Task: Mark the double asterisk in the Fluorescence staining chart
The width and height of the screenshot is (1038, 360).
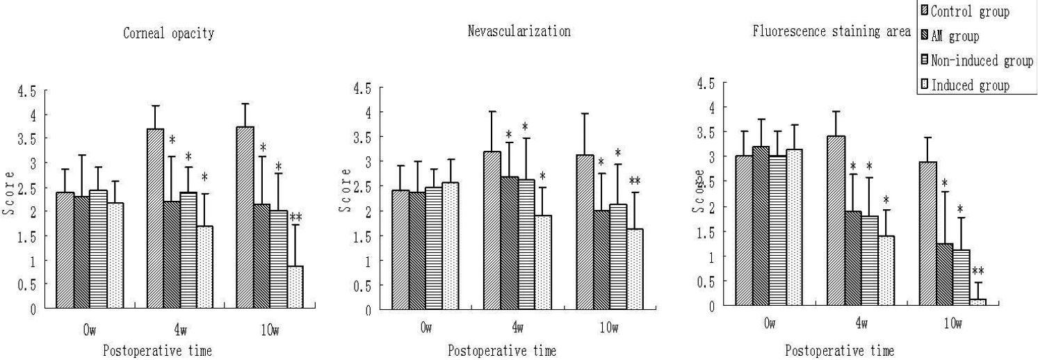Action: pyautogui.click(x=978, y=272)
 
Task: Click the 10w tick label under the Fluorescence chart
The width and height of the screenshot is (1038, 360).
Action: pyautogui.click(x=952, y=324)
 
